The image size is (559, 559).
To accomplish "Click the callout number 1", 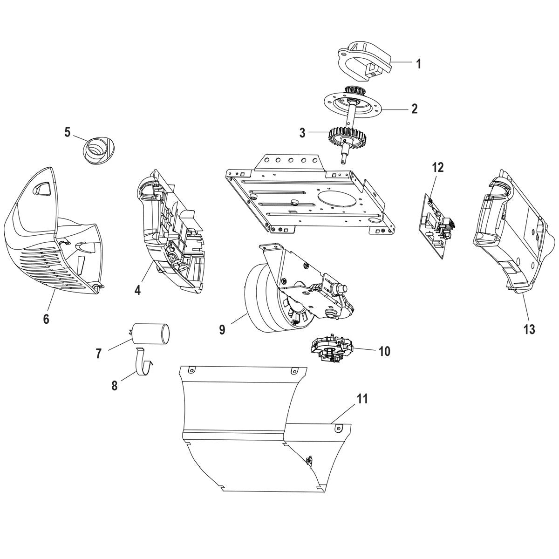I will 418,64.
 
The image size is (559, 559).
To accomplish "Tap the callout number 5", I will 68,132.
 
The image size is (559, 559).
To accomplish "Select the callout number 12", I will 438,167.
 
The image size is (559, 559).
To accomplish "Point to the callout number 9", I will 222,329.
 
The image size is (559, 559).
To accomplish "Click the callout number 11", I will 362,399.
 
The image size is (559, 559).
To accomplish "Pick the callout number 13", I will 529,329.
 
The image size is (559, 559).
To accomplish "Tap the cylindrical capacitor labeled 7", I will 150,334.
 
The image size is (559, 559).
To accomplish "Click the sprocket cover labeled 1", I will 363,61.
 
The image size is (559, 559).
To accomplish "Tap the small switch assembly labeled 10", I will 332,347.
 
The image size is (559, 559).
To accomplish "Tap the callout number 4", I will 137,290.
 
